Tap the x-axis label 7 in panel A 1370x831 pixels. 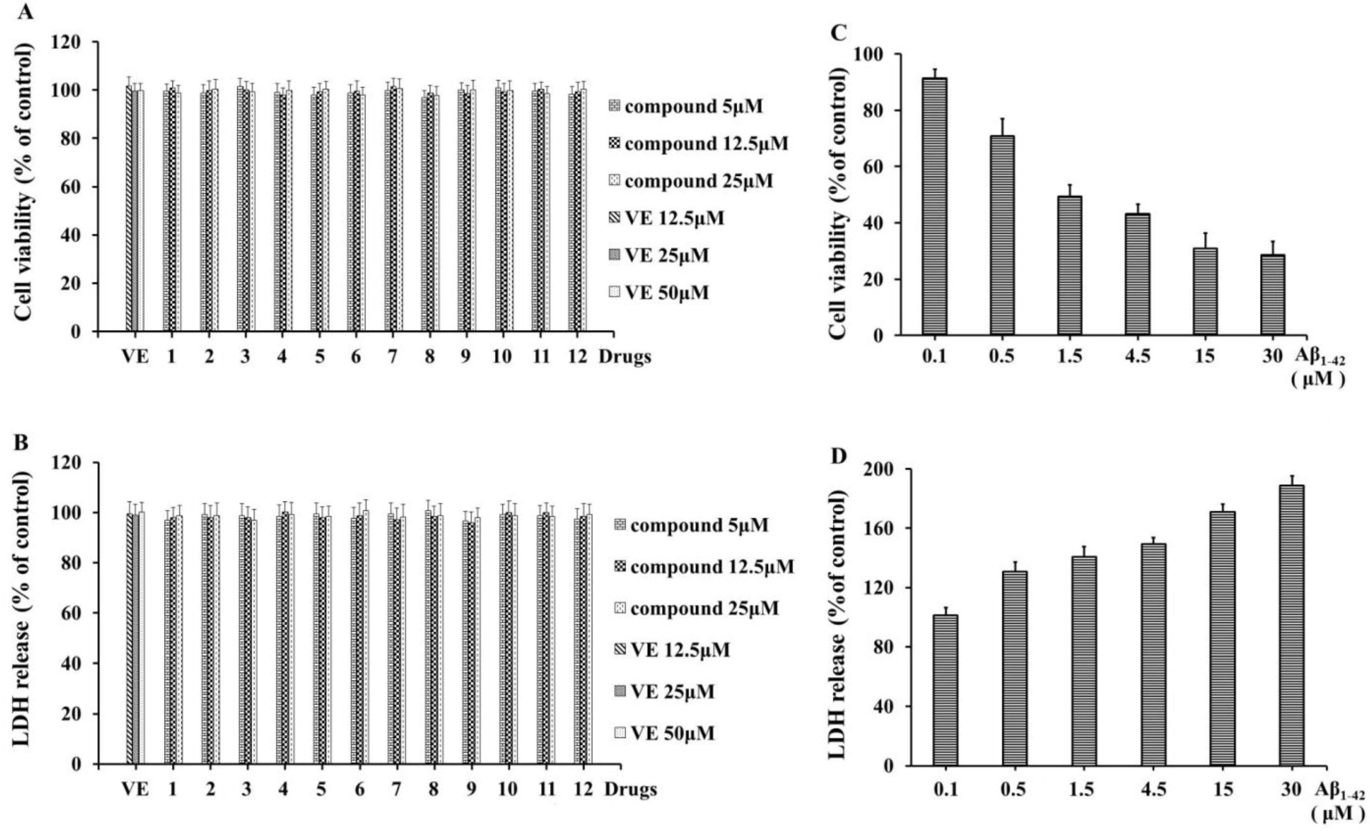click(393, 356)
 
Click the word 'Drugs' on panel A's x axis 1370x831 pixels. click(624, 356)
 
